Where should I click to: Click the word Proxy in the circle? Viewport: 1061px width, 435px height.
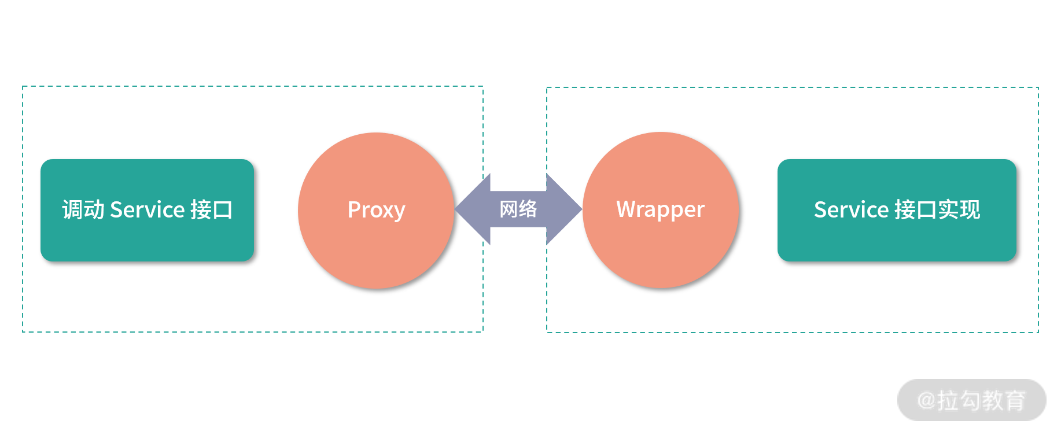click(376, 210)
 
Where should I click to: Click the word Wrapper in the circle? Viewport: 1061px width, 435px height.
click(660, 210)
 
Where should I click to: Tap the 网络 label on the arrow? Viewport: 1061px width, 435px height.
click(518, 209)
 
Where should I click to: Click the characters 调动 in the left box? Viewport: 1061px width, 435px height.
click(83, 209)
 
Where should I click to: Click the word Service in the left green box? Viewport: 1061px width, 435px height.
click(147, 209)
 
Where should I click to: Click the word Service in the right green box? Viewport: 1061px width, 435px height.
click(850, 209)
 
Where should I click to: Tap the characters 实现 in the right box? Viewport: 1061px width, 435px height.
click(959, 209)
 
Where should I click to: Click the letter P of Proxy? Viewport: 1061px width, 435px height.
click(353, 209)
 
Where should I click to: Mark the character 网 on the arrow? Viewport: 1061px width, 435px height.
click(509, 209)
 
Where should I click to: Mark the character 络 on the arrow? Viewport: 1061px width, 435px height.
click(528, 209)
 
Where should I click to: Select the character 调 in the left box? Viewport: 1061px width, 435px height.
click(73, 209)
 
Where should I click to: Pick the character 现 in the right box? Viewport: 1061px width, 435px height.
click(970, 209)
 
